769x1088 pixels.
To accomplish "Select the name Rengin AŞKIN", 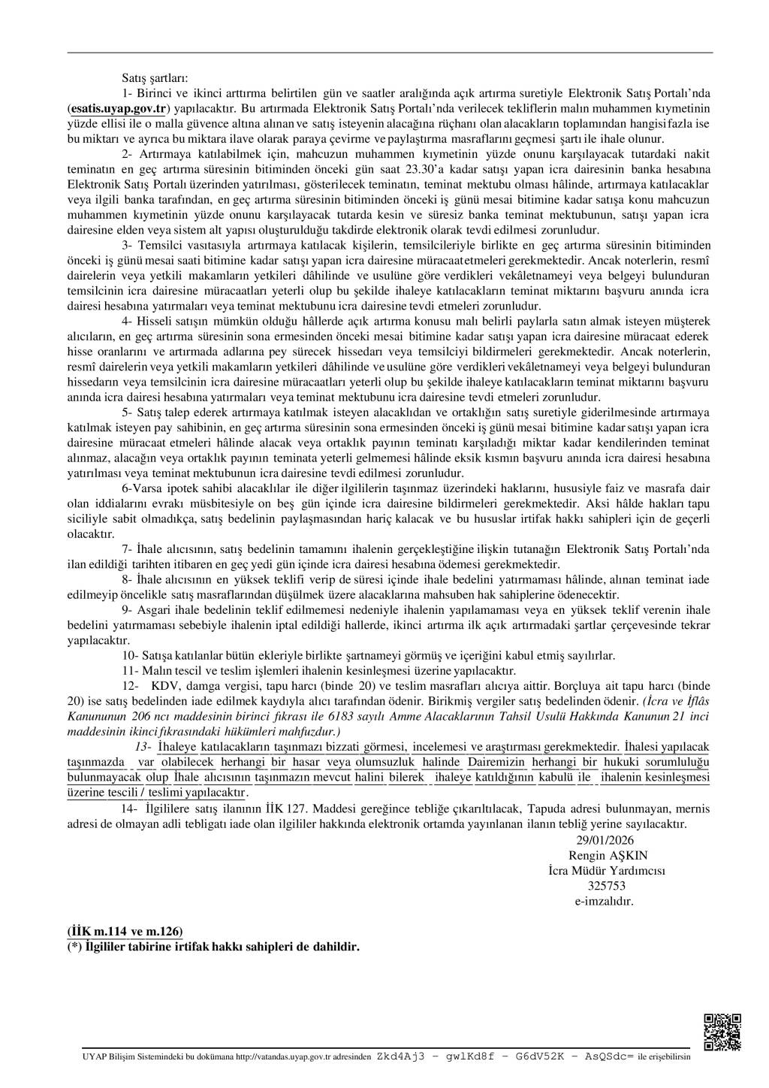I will click(x=608, y=856).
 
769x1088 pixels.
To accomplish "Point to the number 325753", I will click(x=608, y=885).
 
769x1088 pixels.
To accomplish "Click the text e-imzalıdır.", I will click(x=608, y=900).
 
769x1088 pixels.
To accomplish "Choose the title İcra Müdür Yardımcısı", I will click(x=608, y=871).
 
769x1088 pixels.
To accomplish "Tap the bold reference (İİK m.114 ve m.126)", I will click(x=125, y=930).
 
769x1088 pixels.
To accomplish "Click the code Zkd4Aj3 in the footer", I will click(x=401, y=1056).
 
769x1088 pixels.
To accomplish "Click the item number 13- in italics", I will click(x=143, y=746).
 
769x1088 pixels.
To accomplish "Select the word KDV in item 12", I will click(x=164, y=686).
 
